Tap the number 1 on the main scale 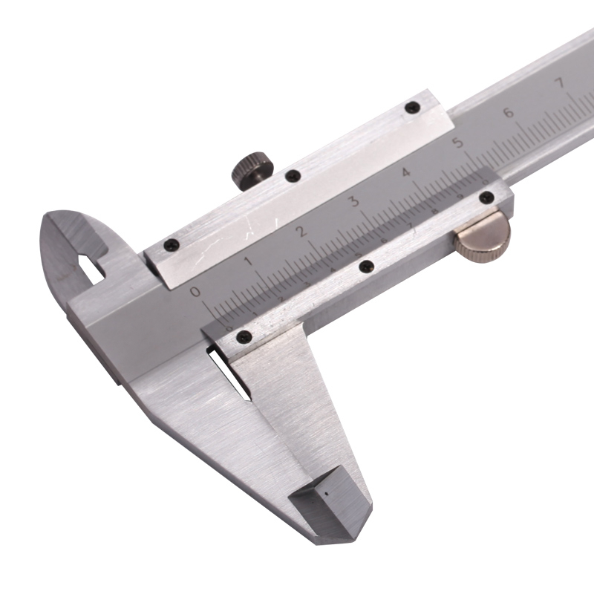pos(248,261)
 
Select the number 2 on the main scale pos(301,230)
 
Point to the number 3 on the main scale pos(354,200)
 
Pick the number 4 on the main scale pos(406,172)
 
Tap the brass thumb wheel pos(483,235)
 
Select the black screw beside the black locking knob pos(293,176)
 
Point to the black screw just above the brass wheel pos(487,198)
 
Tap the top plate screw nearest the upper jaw pos(170,243)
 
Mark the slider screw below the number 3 pos(364,265)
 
